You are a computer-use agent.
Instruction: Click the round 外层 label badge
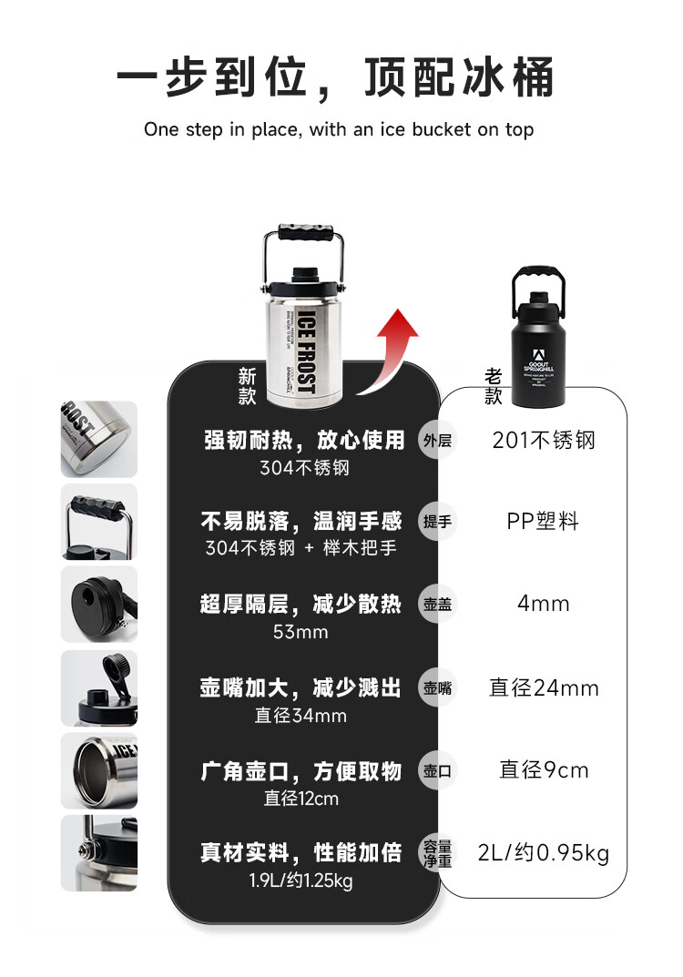point(437,442)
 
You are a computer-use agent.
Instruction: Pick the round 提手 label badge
point(437,523)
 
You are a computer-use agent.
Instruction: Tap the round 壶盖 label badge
point(437,605)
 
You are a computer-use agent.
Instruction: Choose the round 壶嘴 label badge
point(437,688)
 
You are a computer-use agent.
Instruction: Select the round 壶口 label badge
point(437,771)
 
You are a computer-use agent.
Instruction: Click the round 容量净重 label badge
point(437,854)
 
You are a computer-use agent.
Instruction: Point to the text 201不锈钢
point(544,441)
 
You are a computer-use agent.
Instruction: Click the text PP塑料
point(544,522)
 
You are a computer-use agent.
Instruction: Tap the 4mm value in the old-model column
point(544,604)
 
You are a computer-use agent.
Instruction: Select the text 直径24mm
point(544,687)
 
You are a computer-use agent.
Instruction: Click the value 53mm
point(301,632)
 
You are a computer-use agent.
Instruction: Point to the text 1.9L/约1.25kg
point(301,880)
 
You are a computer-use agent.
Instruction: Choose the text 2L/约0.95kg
point(544,853)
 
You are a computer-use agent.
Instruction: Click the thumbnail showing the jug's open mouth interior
point(99,770)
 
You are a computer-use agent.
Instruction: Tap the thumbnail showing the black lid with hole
point(99,604)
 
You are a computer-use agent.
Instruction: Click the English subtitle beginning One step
point(339,129)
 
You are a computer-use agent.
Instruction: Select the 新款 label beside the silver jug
point(248,385)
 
